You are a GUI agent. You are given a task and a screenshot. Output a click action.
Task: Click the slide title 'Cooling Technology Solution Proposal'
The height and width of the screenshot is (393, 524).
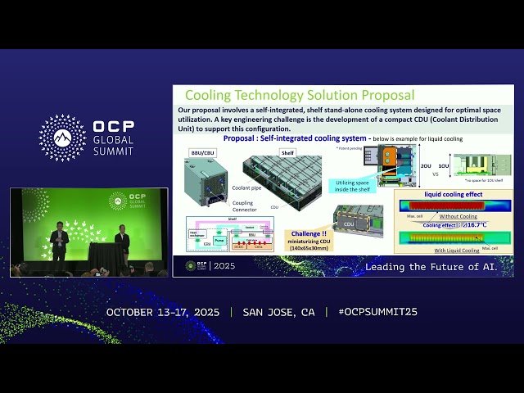[x=299, y=96]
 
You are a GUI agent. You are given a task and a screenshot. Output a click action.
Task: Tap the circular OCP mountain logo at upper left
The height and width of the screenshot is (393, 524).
[x=62, y=138]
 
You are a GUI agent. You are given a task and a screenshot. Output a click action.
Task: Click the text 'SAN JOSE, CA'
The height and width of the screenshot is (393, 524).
[x=278, y=313]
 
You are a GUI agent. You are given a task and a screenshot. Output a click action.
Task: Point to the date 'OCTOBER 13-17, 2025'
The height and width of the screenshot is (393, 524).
[x=165, y=313]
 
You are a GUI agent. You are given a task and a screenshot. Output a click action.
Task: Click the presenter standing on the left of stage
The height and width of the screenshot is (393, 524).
[x=58, y=243]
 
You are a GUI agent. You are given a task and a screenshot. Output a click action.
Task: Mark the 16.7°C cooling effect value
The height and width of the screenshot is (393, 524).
[x=477, y=224]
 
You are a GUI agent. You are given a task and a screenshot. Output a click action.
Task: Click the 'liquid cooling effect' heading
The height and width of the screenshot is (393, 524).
[x=453, y=194]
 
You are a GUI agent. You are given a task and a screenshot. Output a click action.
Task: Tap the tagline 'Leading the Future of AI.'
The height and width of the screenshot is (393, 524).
[x=431, y=267]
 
